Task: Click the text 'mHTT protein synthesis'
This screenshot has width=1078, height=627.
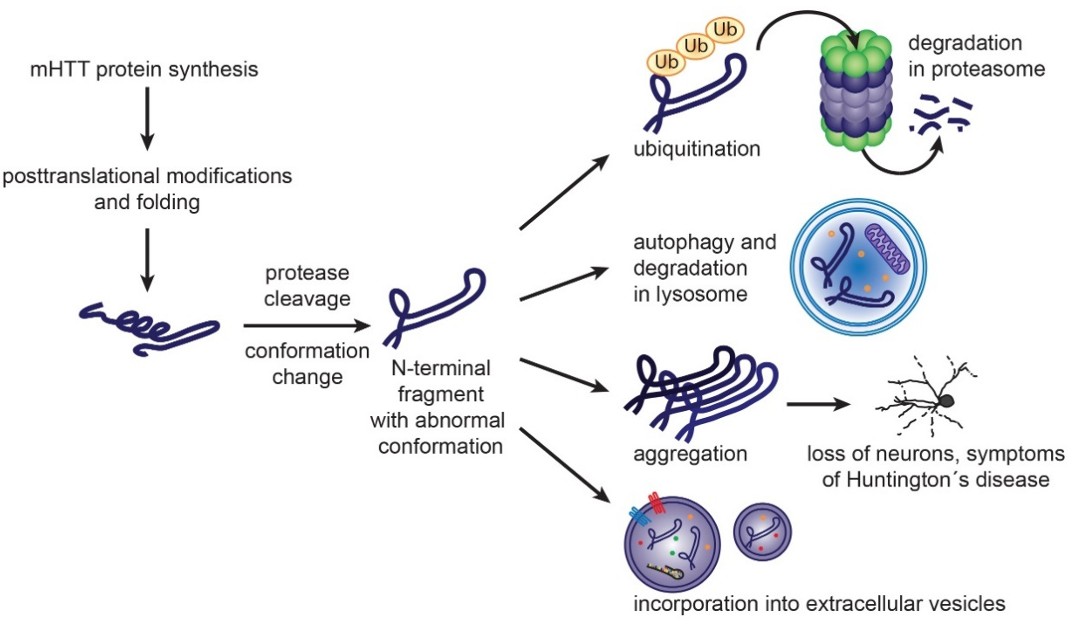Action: (146, 70)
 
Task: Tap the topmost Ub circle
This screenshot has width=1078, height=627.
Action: (725, 29)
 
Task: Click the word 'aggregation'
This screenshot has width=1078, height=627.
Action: (690, 453)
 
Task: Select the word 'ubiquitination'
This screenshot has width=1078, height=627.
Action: (697, 149)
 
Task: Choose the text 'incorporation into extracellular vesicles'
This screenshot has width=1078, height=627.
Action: (818, 604)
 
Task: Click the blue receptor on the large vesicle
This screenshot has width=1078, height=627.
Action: (638, 516)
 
